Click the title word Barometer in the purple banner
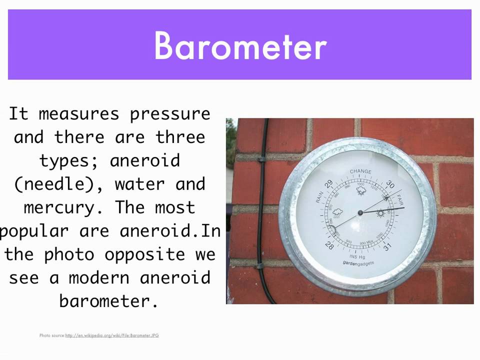[x=240, y=45]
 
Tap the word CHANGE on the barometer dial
[x=360, y=171]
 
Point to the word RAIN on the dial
[x=319, y=196]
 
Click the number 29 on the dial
[x=328, y=184]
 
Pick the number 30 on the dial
[x=390, y=183]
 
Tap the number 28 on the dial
[x=329, y=245]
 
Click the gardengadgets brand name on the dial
[x=358, y=262]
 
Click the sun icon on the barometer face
[x=381, y=213]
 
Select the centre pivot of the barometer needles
[x=360, y=213]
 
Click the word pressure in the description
[x=170, y=113]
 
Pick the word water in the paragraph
[x=140, y=184]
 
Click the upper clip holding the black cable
[x=261, y=159]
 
